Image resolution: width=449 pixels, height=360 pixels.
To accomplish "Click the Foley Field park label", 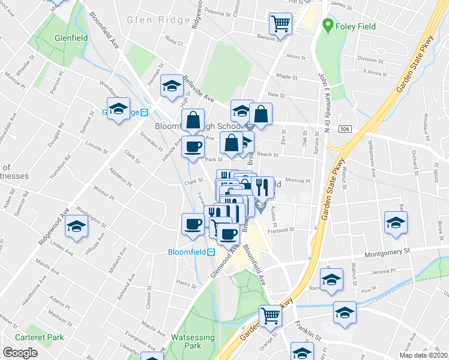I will (x=355, y=26).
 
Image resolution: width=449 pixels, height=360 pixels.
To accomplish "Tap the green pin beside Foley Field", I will (x=328, y=26).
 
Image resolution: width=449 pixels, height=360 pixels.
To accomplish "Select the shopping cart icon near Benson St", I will (x=280, y=23).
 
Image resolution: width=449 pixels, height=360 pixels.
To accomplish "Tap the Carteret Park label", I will (x=40, y=337).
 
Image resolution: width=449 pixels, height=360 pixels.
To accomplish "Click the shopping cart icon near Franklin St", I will (x=271, y=314).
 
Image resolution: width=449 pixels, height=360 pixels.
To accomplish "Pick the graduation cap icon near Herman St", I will (x=172, y=86).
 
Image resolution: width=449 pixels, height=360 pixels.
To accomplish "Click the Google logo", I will (x=20, y=353).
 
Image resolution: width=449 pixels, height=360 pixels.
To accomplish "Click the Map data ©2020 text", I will (x=424, y=355).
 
